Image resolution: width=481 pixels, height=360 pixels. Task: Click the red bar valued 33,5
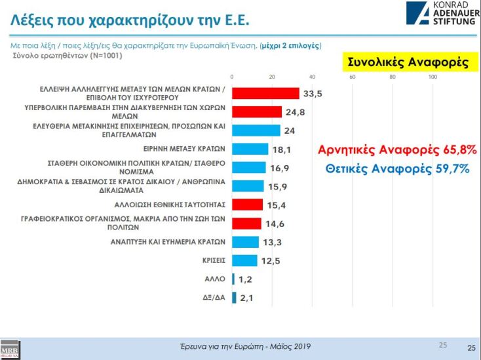pyautogui.click(x=265, y=93)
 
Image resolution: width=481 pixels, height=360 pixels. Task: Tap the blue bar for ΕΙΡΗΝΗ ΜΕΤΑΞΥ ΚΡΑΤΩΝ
pyautogui.click(x=250, y=149)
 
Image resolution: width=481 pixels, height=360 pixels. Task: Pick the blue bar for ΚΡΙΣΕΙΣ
pyautogui.click(x=244, y=260)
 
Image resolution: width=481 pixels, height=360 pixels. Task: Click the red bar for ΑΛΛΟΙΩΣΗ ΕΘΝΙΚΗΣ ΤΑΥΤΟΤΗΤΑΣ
pyautogui.click(x=247, y=205)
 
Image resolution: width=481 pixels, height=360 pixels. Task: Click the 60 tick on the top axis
pyautogui.click(x=353, y=77)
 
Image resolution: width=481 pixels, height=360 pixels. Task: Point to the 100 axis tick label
pyautogui.click(x=433, y=77)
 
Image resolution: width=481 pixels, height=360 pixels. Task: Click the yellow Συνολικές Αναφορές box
pyautogui.click(x=407, y=62)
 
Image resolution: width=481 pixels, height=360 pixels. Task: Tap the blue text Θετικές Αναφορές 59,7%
pyautogui.click(x=397, y=169)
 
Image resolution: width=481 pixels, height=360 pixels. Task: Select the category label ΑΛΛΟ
pyautogui.click(x=216, y=279)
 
